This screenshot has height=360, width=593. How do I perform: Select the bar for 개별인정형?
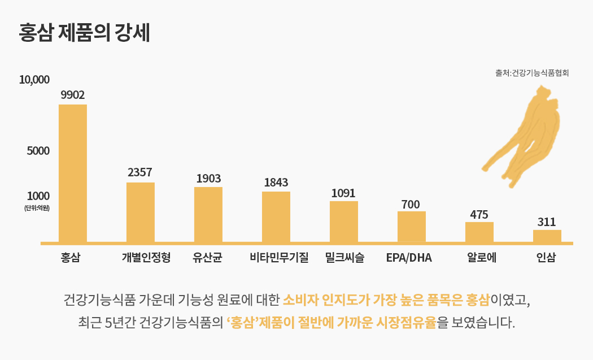(141, 212)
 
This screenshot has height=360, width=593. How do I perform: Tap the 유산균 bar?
(208, 215)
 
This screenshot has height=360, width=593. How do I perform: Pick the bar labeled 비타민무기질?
(276, 217)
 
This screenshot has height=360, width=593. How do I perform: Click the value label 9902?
(73, 94)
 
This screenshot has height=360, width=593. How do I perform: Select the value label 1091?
(343, 193)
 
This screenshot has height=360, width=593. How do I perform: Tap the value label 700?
(411, 204)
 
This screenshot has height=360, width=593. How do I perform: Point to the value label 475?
(479, 215)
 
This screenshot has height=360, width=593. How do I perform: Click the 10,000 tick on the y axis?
(34, 80)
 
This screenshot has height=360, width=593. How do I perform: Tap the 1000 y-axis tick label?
(38, 196)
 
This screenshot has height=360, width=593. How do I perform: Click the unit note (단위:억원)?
(37, 209)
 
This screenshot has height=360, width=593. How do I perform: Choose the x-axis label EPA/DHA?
(409, 258)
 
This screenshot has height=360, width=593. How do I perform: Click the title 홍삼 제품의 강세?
(84, 33)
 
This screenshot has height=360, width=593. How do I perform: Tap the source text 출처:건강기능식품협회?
(531, 73)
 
